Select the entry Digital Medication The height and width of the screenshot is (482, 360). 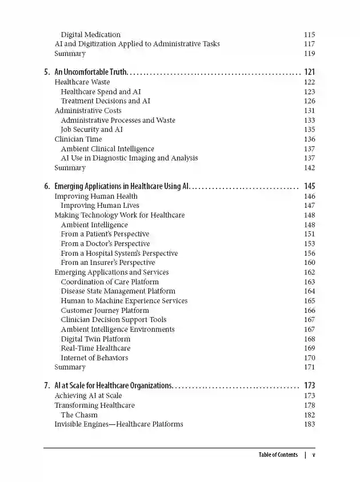(90, 35)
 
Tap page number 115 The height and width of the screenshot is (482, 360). (309, 35)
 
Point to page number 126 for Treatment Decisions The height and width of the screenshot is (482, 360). (309, 101)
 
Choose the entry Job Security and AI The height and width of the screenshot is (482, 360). (91, 130)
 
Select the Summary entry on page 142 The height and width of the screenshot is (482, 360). (70, 168)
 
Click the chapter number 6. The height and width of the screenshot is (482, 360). (47, 187)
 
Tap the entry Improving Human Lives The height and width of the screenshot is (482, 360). (100, 206)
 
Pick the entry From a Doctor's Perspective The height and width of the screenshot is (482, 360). (105, 244)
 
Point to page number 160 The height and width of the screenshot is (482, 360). (309, 263)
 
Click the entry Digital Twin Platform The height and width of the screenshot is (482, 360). (95, 339)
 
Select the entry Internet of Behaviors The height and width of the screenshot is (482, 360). (94, 358)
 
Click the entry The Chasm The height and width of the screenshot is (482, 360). (79, 415)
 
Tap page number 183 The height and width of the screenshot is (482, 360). (309, 424)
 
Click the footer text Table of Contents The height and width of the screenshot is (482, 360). (278, 455)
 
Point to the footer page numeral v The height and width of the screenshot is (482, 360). (314, 455)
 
